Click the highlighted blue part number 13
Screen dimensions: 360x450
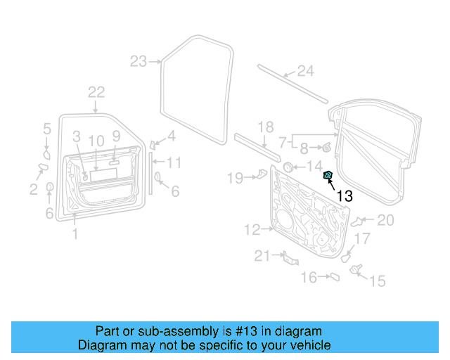point(328,175)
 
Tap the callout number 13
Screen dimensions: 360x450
point(345,196)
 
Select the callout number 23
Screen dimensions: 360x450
point(139,61)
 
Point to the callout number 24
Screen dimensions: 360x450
point(304,70)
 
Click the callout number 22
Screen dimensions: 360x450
point(96,91)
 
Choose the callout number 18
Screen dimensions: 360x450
point(264,127)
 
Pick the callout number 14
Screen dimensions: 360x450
point(314,166)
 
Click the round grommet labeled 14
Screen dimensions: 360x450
point(288,167)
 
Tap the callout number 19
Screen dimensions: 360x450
point(234,177)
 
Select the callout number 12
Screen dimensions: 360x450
point(252,229)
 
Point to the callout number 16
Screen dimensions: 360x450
point(309,278)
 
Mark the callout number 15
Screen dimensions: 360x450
point(378,281)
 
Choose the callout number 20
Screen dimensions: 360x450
point(386,220)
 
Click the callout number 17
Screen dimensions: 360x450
point(361,239)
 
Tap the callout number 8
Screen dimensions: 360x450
point(304,148)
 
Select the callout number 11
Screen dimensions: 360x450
point(174,163)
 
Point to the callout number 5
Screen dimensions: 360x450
point(47,128)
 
